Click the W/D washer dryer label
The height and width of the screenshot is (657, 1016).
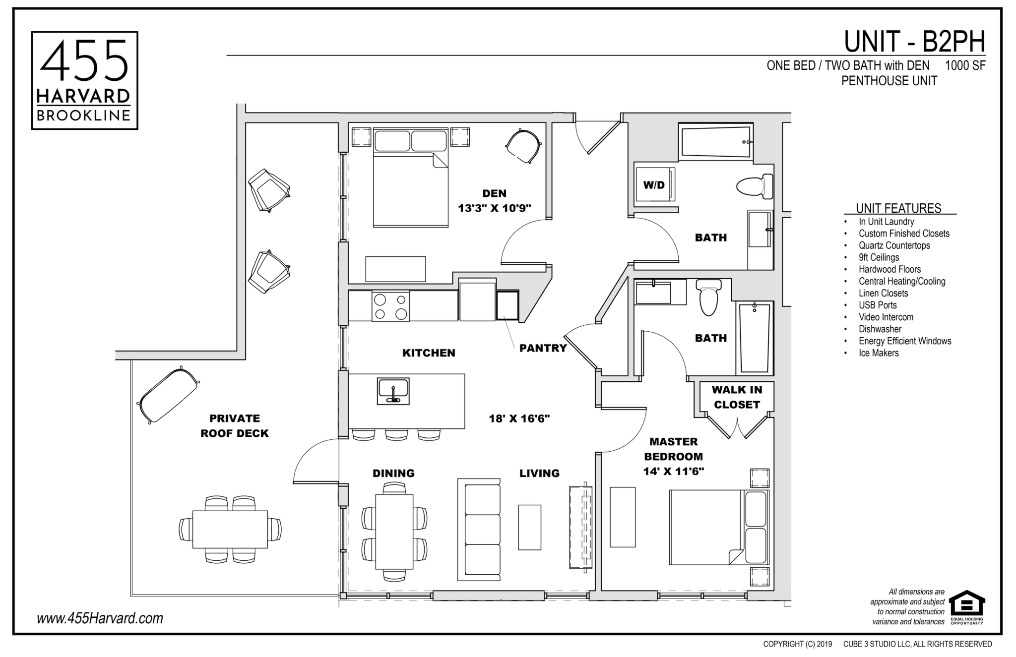pyautogui.click(x=654, y=185)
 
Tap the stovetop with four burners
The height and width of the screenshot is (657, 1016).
pyautogui.click(x=390, y=306)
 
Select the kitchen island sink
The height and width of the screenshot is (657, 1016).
pyautogui.click(x=393, y=391)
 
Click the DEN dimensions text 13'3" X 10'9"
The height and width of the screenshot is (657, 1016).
pyautogui.click(x=494, y=208)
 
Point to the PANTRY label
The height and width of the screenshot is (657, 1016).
pyautogui.click(x=543, y=348)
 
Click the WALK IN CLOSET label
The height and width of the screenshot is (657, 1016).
pyautogui.click(x=737, y=397)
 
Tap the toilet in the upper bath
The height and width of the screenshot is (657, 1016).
pyautogui.click(x=755, y=186)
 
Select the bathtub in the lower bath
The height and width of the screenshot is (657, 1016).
pyautogui.click(x=754, y=338)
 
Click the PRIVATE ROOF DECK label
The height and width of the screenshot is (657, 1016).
pyautogui.click(x=234, y=426)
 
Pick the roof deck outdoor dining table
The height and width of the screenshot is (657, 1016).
pyautogui.click(x=230, y=529)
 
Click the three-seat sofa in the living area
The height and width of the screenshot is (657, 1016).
pyautogui.click(x=479, y=530)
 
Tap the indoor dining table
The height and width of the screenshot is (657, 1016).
pyautogui.click(x=394, y=532)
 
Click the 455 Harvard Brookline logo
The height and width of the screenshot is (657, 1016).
pyautogui.click(x=84, y=80)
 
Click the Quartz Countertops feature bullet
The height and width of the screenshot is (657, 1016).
pyautogui.click(x=894, y=245)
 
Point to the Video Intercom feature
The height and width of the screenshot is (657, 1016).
pyautogui.click(x=886, y=317)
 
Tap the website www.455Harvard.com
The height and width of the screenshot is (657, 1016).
pyautogui.click(x=100, y=618)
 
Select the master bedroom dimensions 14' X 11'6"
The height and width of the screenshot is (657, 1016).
pyautogui.click(x=673, y=472)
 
